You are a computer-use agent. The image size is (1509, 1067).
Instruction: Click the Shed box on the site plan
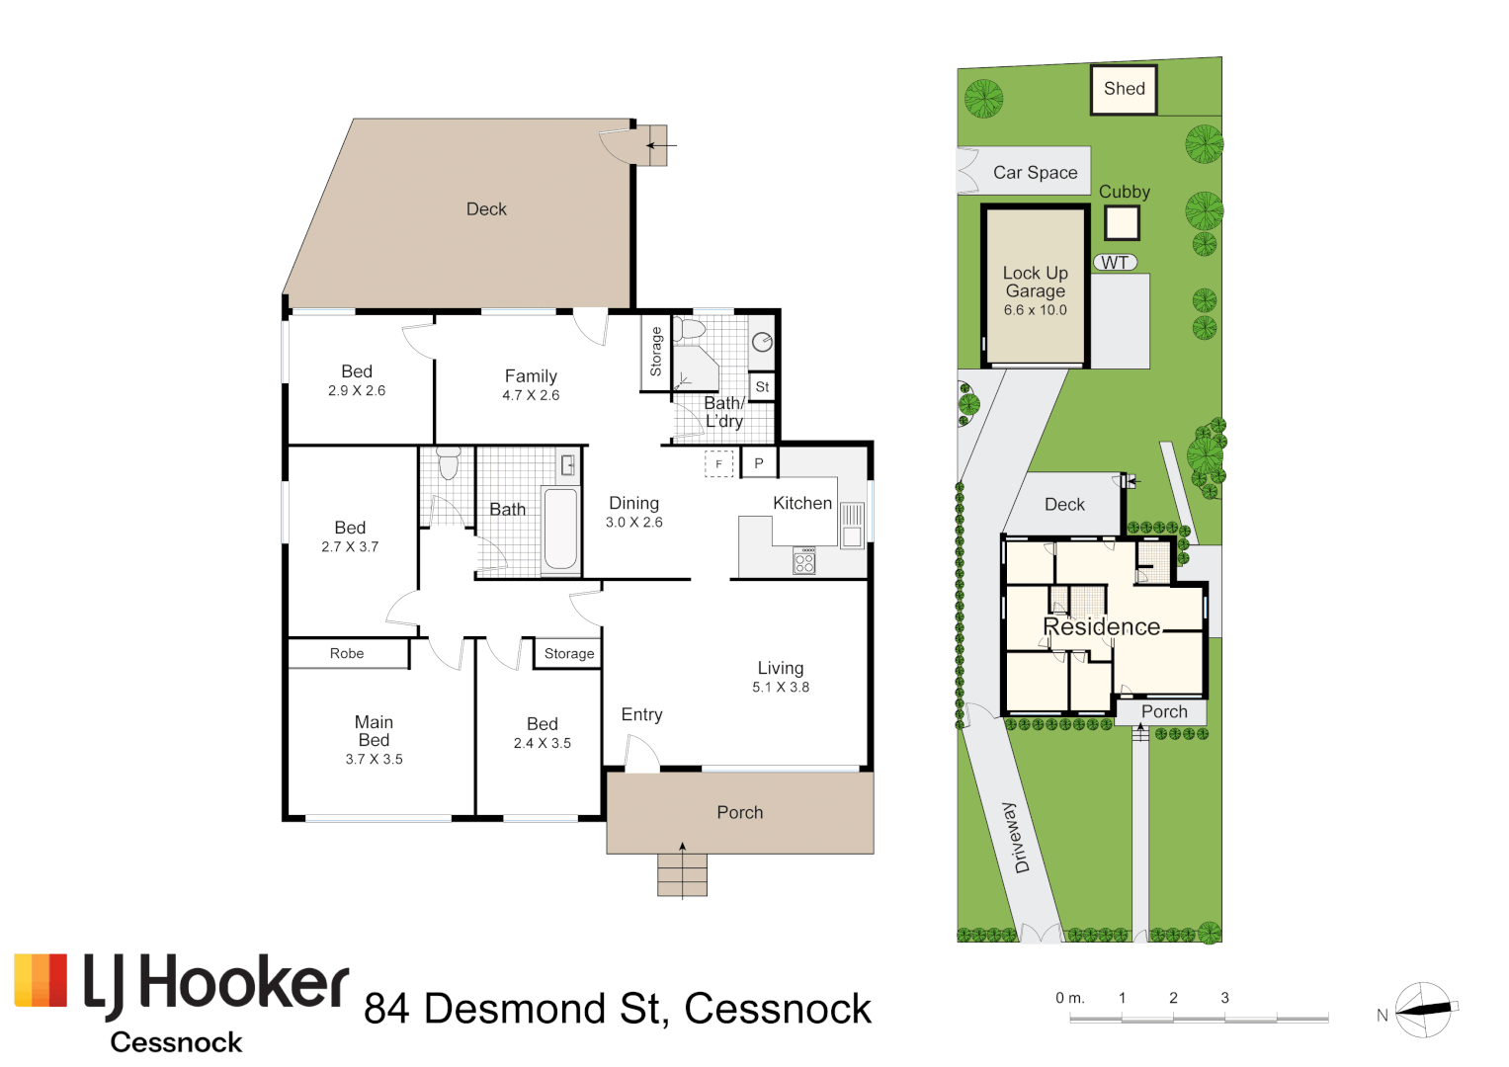click(1124, 89)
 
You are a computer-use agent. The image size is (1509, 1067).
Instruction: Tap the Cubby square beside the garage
click(1122, 223)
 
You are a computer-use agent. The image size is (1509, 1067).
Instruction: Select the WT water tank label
click(1115, 263)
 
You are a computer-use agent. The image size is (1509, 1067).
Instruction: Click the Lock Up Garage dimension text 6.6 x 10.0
click(1035, 310)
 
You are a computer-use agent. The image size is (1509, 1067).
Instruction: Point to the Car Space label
click(1035, 173)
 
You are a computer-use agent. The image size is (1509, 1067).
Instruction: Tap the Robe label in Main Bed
click(347, 654)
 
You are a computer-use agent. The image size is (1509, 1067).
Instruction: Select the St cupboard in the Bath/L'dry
click(762, 387)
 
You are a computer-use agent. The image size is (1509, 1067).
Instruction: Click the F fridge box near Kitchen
click(718, 463)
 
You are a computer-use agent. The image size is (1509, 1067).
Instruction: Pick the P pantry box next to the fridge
click(759, 463)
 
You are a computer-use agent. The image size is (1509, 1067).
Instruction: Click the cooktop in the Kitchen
click(804, 562)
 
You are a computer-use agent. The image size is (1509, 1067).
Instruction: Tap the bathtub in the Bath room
click(560, 529)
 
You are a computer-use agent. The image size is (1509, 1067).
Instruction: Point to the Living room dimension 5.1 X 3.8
click(781, 688)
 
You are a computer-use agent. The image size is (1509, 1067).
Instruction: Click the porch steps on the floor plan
click(682, 875)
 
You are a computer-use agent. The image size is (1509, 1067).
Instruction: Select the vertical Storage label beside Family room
click(655, 352)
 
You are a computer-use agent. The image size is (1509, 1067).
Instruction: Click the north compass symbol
click(1424, 1010)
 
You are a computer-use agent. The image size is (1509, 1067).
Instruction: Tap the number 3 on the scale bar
click(1224, 998)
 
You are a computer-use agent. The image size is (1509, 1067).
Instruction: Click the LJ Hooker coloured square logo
click(41, 980)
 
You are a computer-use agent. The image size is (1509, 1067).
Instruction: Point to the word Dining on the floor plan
click(633, 504)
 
